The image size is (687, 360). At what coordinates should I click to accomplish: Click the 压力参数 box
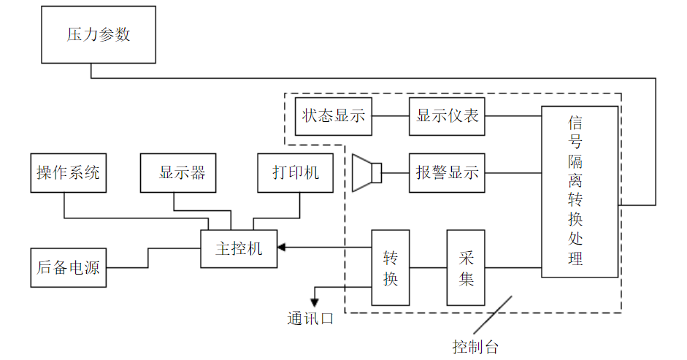[x=98, y=35]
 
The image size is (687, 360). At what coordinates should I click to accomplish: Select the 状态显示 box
[x=334, y=116]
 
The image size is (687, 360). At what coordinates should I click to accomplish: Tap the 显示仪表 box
[x=447, y=116]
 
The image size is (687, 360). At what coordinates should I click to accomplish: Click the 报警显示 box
[x=447, y=173]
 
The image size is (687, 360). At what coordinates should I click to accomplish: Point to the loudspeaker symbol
[x=366, y=173]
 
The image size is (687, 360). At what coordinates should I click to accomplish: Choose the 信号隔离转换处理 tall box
[x=580, y=191]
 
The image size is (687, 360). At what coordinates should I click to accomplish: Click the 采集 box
[x=466, y=267]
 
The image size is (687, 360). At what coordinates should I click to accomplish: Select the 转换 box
[x=391, y=267]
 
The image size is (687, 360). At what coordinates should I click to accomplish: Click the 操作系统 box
[x=68, y=173]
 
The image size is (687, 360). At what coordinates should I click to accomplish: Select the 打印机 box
[x=295, y=173]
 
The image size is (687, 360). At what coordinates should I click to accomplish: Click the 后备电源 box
[x=68, y=267]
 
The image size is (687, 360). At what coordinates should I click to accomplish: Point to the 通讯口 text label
[x=310, y=319]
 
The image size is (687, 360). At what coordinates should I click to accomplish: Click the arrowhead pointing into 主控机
[x=282, y=248]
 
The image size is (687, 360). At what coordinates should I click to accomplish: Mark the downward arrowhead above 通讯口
[x=315, y=300]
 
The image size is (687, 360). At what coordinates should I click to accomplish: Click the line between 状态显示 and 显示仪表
[x=391, y=116]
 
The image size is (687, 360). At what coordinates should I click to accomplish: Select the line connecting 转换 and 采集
[x=428, y=267]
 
